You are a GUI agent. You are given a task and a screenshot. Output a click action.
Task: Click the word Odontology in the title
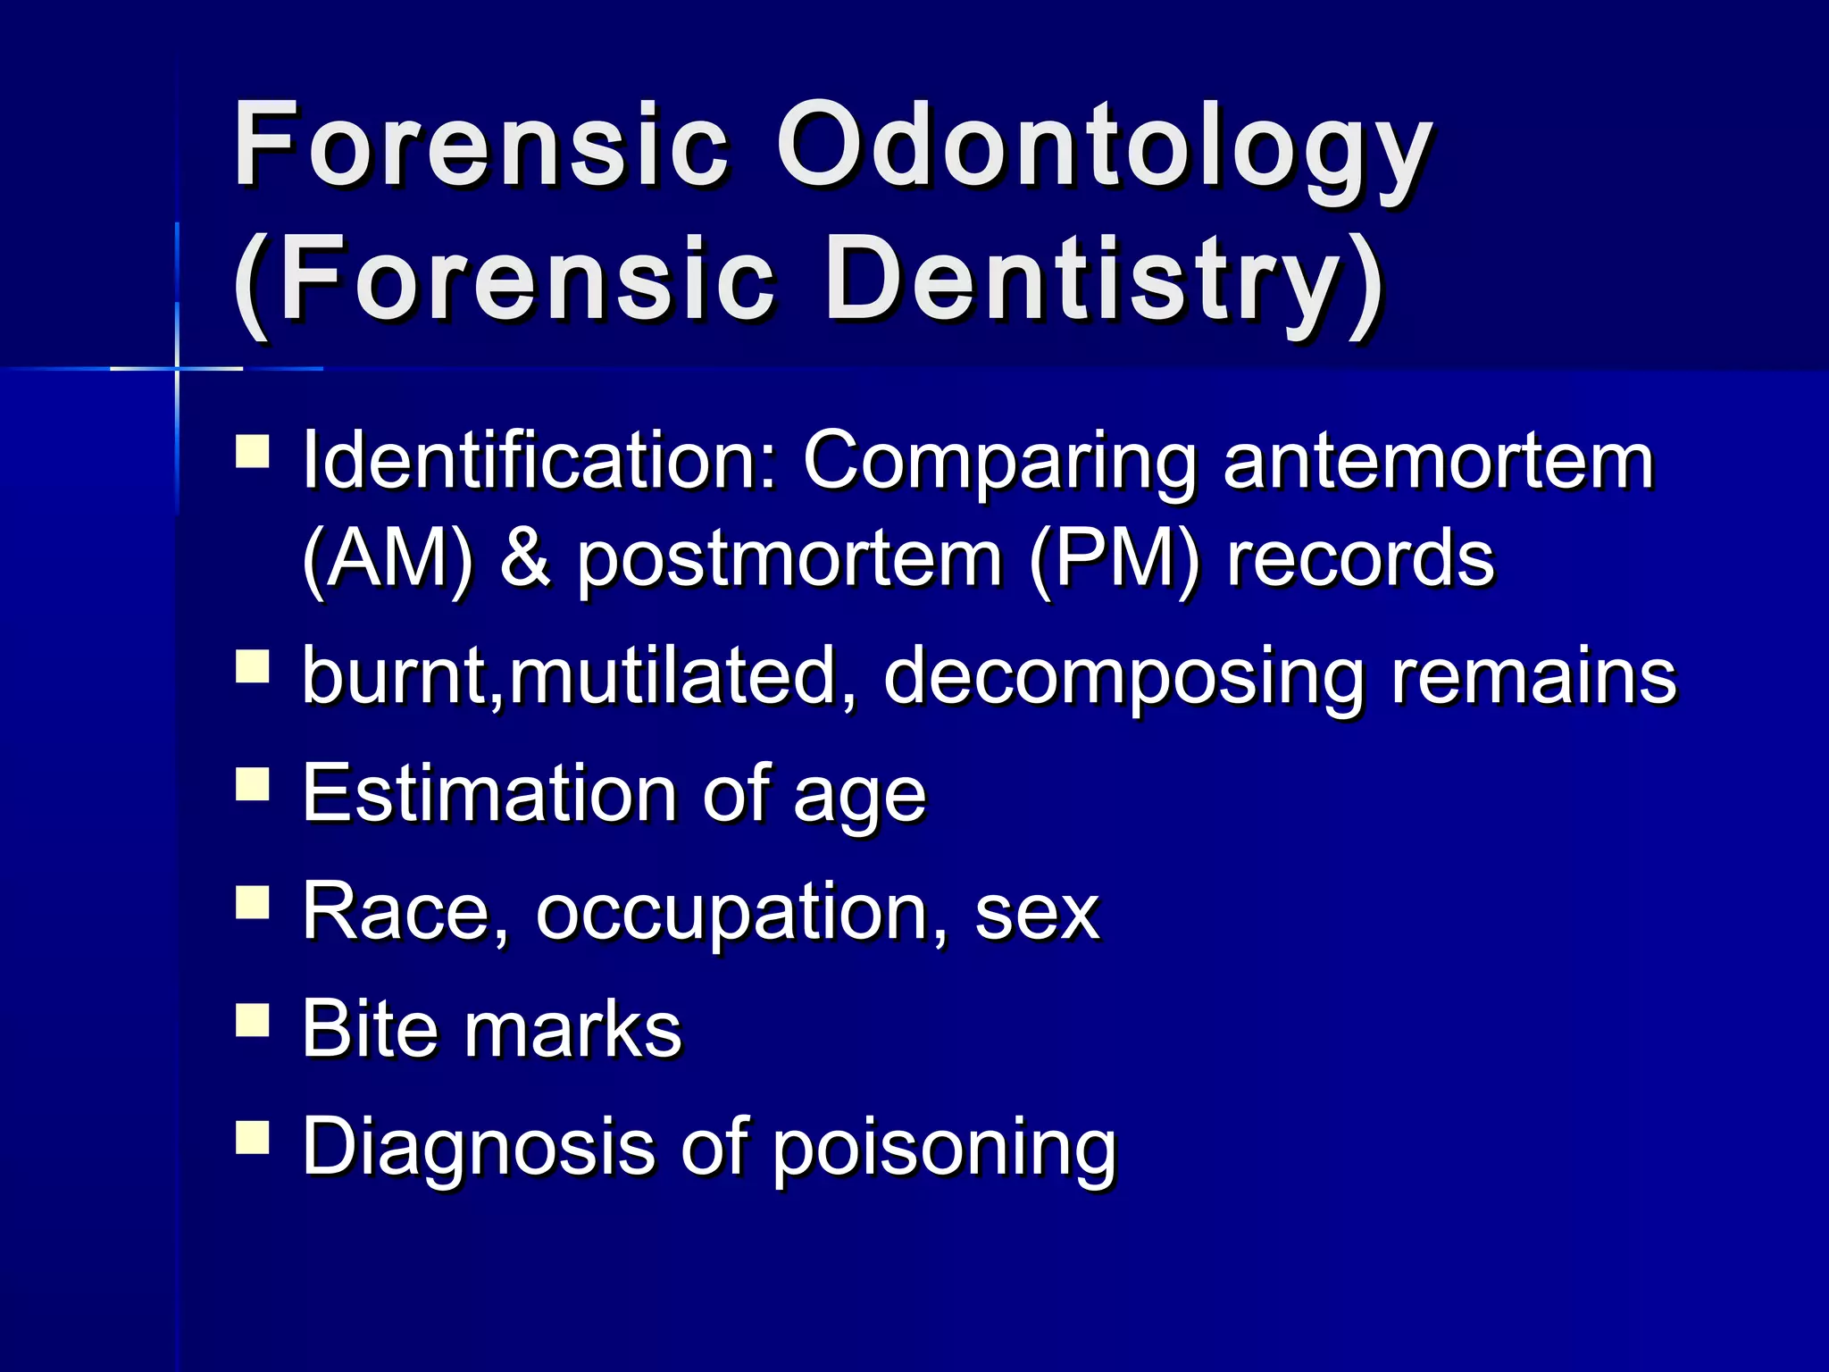click(1104, 147)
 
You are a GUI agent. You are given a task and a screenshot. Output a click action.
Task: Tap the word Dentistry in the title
click(1104, 280)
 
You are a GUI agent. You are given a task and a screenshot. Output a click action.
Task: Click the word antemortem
click(1439, 462)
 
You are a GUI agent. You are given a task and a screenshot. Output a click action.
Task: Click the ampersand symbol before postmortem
click(525, 560)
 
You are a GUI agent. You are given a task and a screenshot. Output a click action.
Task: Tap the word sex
click(1037, 914)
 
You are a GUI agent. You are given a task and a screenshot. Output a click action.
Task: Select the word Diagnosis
click(479, 1148)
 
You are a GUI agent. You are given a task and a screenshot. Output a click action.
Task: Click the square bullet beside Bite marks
click(253, 1019)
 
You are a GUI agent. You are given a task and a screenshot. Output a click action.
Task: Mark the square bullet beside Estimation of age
click(253, 783)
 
